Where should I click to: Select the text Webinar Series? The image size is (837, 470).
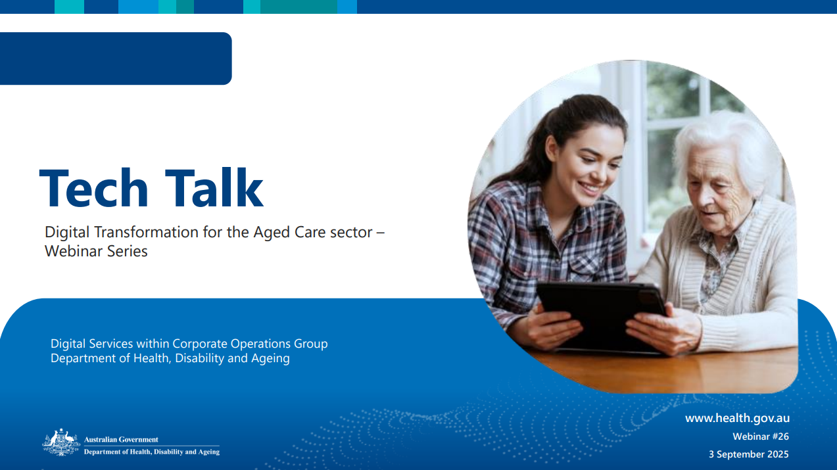96,251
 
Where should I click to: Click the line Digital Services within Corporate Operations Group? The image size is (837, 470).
189,344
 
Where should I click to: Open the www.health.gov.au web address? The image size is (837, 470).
737,418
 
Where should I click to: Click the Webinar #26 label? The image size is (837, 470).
761,436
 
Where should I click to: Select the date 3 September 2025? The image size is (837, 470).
748,454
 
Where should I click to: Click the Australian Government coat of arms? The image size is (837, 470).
61,442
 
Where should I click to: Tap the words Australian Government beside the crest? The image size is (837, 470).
121,440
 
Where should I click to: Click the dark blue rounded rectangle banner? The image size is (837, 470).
115,59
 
